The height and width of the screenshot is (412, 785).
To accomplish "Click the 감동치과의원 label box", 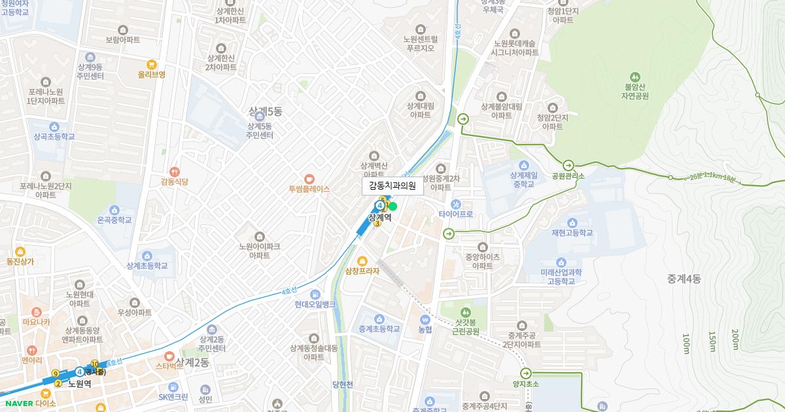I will point(393,186).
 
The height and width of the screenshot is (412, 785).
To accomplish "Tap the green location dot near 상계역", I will point(392,207).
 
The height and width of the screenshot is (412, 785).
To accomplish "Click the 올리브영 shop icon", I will point(152,64).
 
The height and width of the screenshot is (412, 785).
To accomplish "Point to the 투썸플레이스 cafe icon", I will point(309,179).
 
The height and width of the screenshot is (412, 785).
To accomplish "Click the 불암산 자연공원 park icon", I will point(635,77).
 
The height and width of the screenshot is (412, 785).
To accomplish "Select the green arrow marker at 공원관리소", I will point(568,165).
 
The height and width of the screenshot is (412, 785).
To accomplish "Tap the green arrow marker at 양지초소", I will point(526,373).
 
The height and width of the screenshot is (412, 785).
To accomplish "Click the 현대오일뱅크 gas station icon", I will point(315,294).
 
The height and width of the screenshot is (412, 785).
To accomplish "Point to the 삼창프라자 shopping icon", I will point(362,261).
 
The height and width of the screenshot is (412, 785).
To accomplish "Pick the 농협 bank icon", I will point(425,320).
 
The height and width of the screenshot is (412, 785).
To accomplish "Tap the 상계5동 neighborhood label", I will point(265,111).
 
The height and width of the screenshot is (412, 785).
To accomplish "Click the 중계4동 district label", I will point(684,279).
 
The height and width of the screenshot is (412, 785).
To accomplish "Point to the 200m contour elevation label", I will point(735,339).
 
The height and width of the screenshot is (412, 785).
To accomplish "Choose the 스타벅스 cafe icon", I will point(169,356).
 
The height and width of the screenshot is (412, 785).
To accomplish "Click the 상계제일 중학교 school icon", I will point(523,165).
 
